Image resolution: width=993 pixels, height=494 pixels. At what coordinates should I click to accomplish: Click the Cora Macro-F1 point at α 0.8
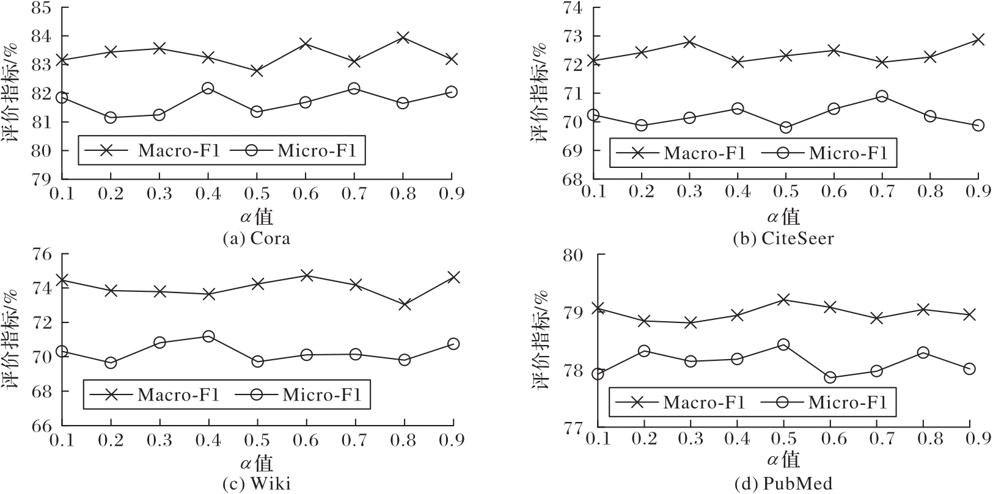pos(403,38)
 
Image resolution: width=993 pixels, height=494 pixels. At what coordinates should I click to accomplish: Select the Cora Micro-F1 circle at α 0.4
pos(208,89)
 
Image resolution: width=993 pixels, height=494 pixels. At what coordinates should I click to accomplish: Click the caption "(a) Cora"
pos(257,238)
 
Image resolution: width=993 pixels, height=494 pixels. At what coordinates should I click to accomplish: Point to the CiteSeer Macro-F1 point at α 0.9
pos(978,40)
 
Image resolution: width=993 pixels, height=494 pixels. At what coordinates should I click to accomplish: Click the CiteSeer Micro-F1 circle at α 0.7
pos(882,96)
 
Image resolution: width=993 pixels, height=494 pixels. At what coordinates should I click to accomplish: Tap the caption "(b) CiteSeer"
pos(783,238)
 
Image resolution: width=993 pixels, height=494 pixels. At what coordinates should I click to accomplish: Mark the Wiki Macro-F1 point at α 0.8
pos(404,304)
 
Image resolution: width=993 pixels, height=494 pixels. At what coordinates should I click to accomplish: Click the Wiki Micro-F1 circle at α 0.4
pos(208,336)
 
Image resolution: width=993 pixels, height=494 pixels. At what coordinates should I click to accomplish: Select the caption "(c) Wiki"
pos(256,484)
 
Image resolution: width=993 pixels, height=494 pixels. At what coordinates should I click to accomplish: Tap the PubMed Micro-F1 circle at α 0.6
pos(830,377)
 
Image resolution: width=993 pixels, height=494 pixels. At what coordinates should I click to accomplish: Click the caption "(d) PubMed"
pos(783,484)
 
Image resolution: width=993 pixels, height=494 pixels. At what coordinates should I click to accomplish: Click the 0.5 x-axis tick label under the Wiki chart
pos(257,440)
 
